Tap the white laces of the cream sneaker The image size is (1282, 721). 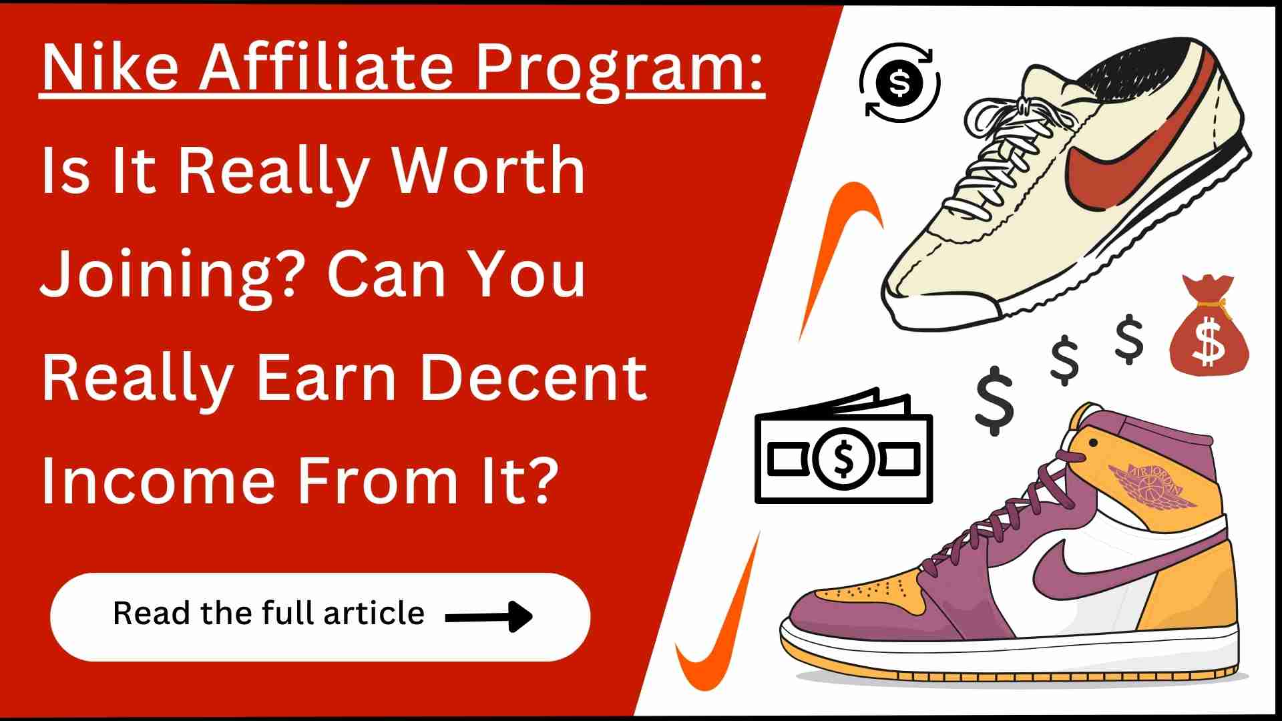(1002, 154)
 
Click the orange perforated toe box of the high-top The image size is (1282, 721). (868, 591)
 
